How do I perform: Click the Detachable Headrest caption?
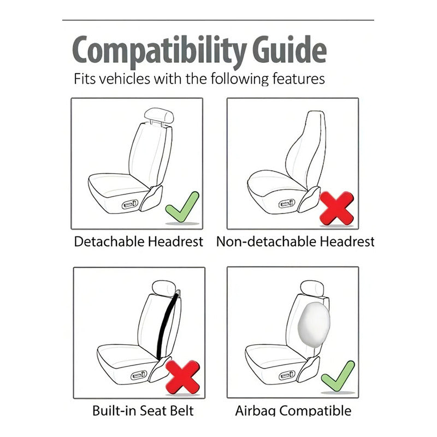[138, 241]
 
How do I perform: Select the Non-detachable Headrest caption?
[295, 241]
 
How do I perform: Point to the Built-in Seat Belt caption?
[143, 411]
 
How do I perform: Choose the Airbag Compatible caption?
[293, 411]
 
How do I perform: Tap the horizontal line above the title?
[218, 20]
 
